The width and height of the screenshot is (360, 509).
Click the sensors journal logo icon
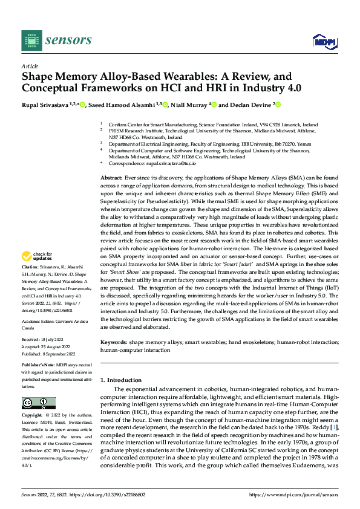coord(31,40)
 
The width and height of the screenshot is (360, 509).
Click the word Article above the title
coord(30,66)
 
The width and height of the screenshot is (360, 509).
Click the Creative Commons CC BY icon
coord(39,403)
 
